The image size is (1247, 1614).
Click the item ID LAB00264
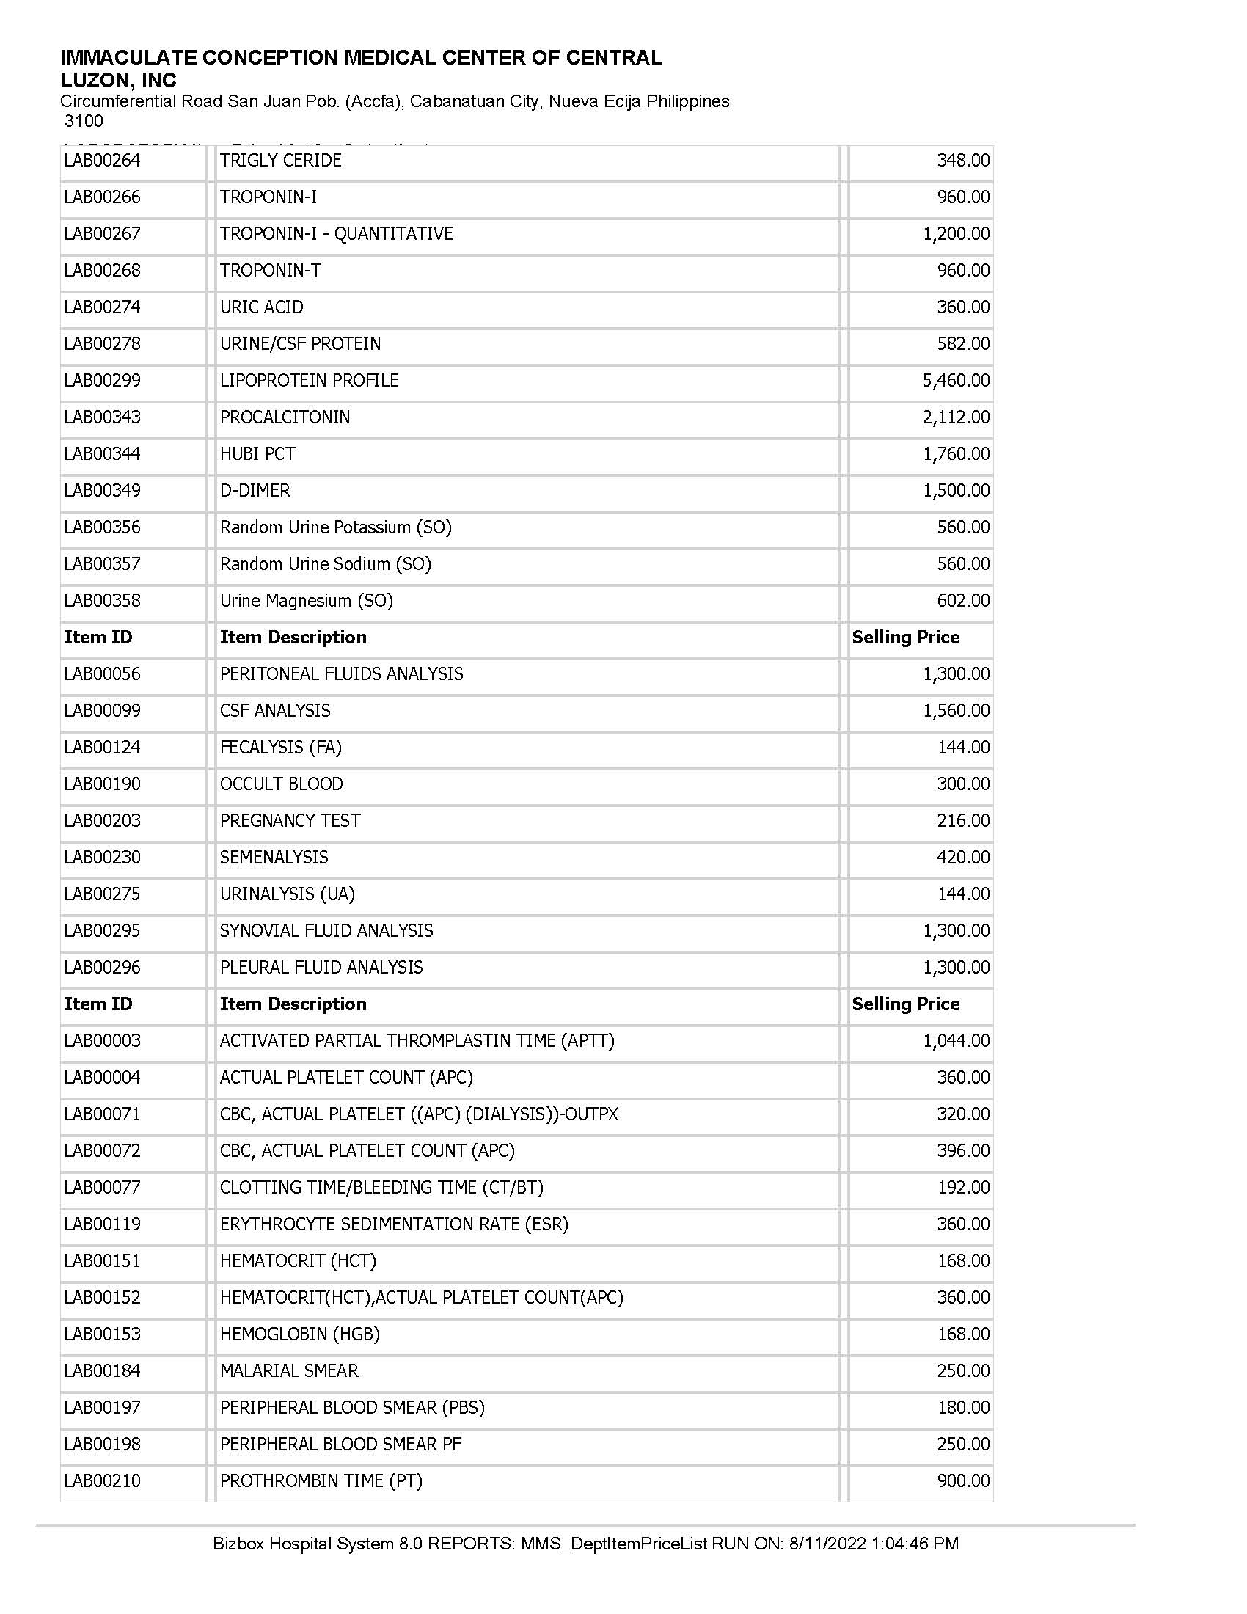click(x=102, y=161)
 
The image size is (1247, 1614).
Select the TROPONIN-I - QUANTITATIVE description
click(x=336, y=233)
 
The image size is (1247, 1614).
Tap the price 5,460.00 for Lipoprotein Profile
click(x=955, y=381)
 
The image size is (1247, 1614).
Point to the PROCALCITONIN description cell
click(x=285, y=417)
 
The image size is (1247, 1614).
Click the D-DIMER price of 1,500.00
click(x=955, y=491)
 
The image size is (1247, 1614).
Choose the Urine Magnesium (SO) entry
click(x=306, y=601)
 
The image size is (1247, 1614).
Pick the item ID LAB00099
click(x=102, y=711)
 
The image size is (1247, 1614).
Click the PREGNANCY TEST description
click(x=290, y=821)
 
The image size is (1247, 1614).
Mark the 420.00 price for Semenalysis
click(x=962, y=857)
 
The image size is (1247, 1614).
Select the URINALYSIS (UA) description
click(x=288, y=894)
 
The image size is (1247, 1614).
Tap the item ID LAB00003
click(x=102, y=1040)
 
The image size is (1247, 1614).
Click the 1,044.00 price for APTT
click(x=955, y=1040)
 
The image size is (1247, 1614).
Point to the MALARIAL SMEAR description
click(x=289, y=1371)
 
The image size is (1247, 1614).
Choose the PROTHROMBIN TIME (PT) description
click(x=321, y=1481)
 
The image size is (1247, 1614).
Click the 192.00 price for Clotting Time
click(x=962, y=1188)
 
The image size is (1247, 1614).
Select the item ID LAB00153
click(x=102, y=1334)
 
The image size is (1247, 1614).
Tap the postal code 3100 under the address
click(x=84, y=121)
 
